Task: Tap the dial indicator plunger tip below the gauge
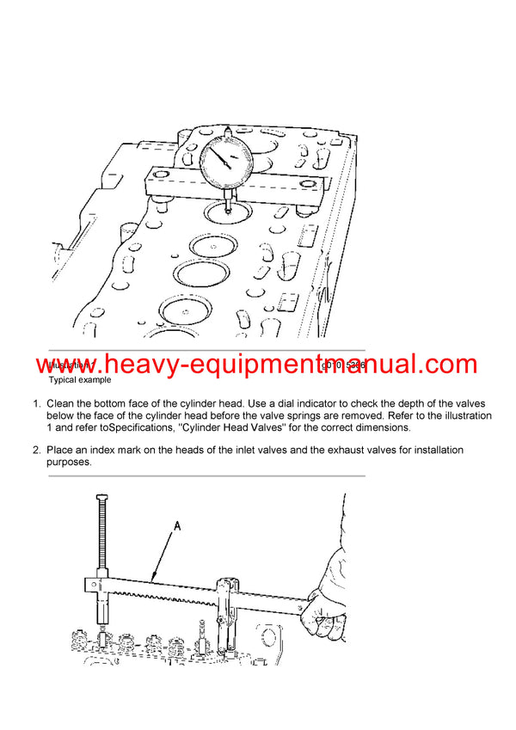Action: point(228,207)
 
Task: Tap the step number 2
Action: point(37,451)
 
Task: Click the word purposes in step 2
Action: point(70,462)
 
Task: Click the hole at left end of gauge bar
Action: point(160,182)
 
